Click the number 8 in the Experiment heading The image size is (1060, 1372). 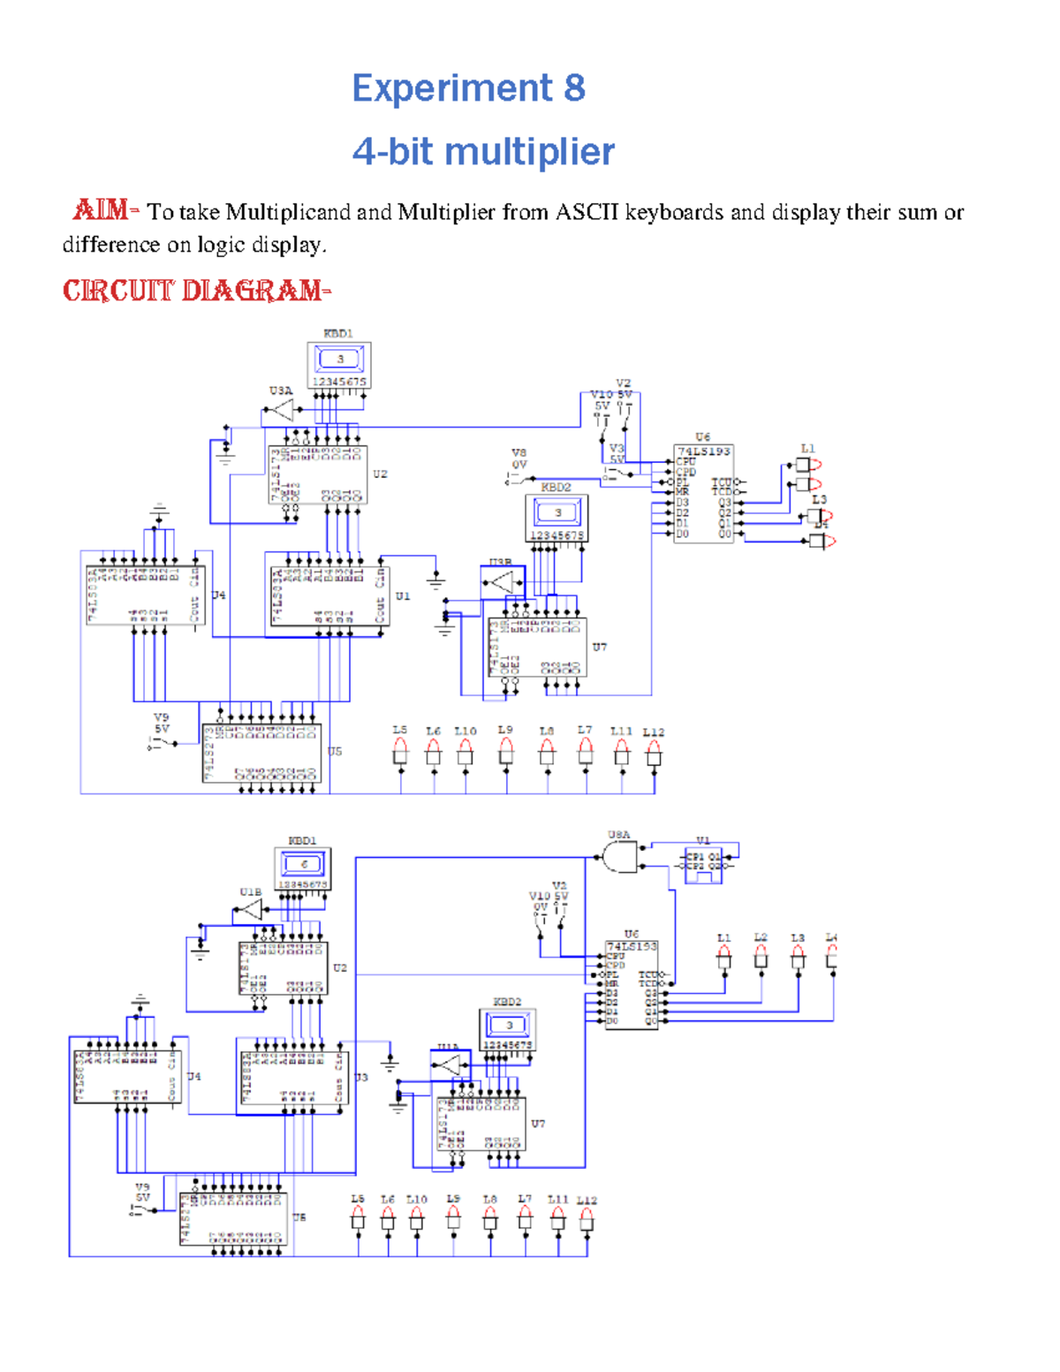(574, 88)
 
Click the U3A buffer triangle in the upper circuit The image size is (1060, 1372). (282, 410)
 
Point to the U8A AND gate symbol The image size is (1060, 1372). (621, 856)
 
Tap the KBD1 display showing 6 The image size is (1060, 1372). (303, 864)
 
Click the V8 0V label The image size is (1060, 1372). (519, 459)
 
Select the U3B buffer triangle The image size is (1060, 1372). (502, 581)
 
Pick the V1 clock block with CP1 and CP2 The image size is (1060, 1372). (703, 861)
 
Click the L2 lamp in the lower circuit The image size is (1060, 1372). (761, 957)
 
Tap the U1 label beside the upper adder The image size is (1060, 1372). (403, 596)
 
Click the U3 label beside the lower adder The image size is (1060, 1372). (361, 1077)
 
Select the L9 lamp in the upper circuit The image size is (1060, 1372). (506, 752)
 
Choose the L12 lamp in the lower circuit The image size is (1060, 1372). (587, 1220)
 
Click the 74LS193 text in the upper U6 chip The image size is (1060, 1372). (703, 451)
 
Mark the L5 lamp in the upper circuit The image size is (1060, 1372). (400, 752)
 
